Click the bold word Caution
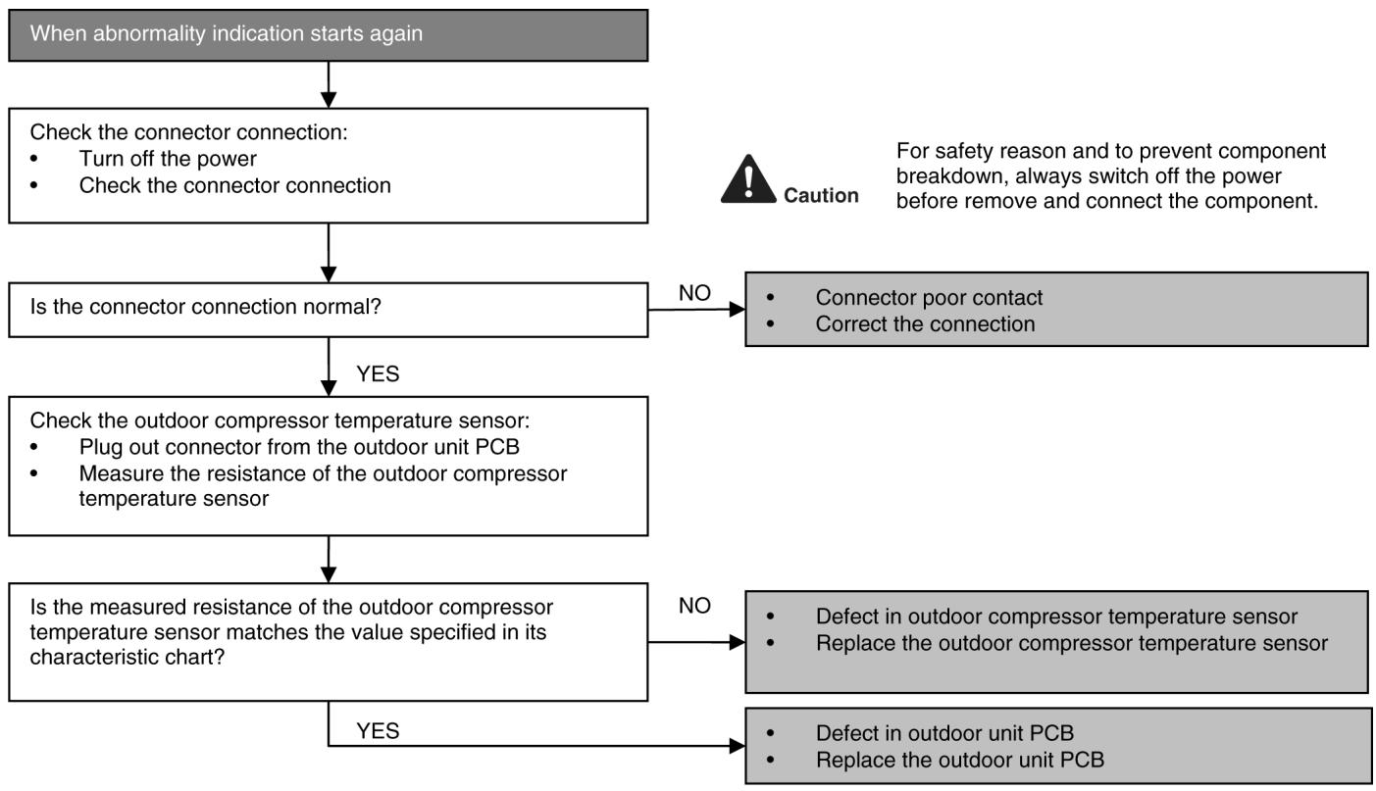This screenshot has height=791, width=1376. pyautogui.click(x=821, y=195)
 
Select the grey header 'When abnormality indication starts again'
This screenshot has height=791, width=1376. pyautogui.click(x=328, y=35)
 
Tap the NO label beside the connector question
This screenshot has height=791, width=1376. pyautogui.click(x=694, y=293)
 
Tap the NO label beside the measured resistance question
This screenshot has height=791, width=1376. pyautogui.click(x=694, y=606)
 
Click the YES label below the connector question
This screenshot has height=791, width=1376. pyautogui.click(x=378, y=374)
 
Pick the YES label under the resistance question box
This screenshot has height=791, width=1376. pyautogui.click(x=378, y=731)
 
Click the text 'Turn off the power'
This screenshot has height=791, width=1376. pyautogui.click(x=168, y=159)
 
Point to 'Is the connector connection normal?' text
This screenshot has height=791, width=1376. pyautogui.click(x=206, y=307)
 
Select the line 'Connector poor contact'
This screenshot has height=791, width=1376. pyautogui.click(x=929, y=297)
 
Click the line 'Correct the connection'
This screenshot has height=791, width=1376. pyautogui.click(x=925, y=323)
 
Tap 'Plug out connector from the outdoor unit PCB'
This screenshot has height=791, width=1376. pyautogui.click(x=299, y=447)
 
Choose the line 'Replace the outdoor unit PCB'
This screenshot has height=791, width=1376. pyautogui.click(x=960, y=760)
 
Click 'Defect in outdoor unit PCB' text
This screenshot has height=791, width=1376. pyautogui.click(x=944, y=732)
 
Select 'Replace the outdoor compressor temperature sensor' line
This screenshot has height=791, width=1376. pyautogui.click(x=1072, y=643)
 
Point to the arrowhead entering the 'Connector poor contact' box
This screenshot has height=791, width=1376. pyautogui.click(x=738, y=309)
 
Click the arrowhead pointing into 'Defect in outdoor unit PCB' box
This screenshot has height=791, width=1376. pyautogui.click(x=738, y=746)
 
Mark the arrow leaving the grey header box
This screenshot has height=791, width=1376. pyautogui.click(x=329, y=84)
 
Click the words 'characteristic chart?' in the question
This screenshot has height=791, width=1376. pyautogui.click(x=127, y=657)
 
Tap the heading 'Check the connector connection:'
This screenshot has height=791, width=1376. pyautogui.click(x=188, y=132)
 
